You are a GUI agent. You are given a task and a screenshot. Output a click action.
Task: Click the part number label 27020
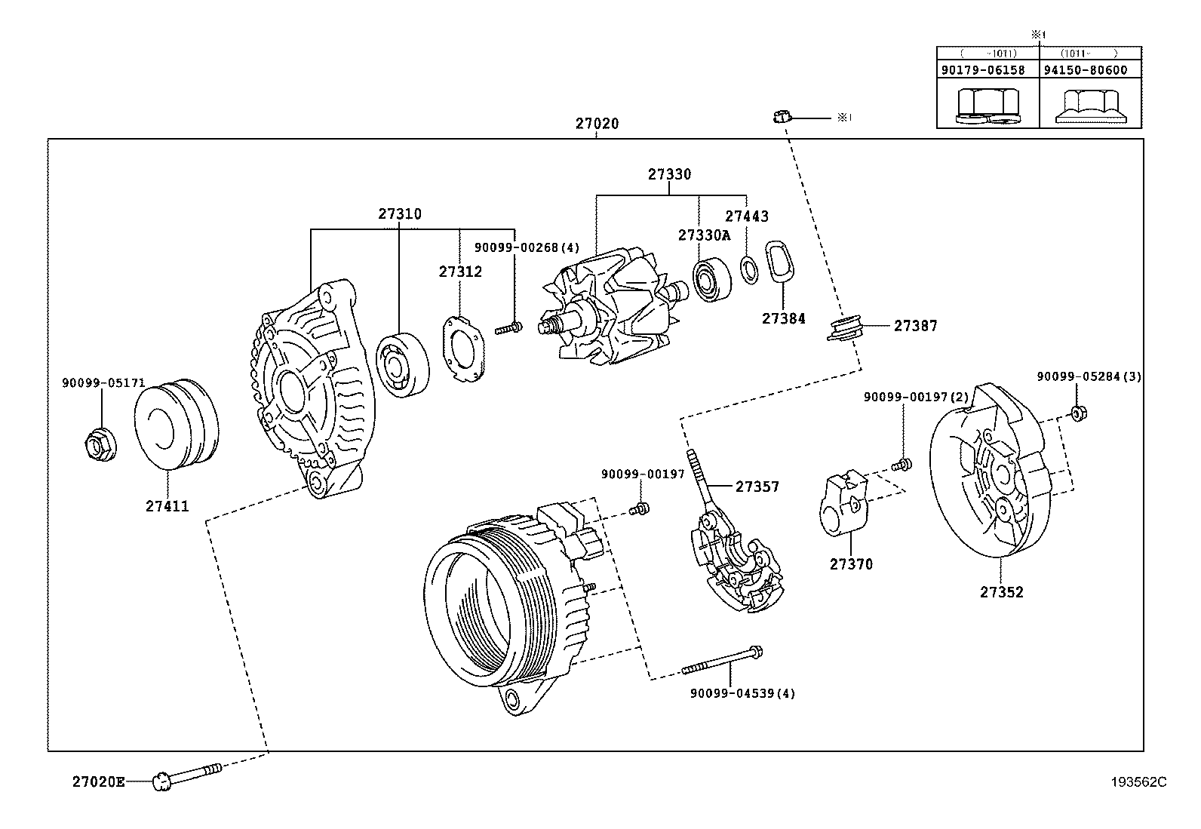597,124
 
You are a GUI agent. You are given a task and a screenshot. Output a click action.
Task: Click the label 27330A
704,235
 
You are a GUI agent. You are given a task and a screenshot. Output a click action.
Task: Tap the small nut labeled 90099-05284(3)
1078,413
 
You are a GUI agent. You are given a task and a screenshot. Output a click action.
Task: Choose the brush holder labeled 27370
842,506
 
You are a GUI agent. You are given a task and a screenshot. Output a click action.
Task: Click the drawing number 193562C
1138,782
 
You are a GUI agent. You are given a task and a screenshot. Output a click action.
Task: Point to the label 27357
757,487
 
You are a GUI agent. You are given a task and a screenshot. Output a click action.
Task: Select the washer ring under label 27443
749,269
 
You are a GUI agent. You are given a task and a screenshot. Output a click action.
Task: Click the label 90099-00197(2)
916,397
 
